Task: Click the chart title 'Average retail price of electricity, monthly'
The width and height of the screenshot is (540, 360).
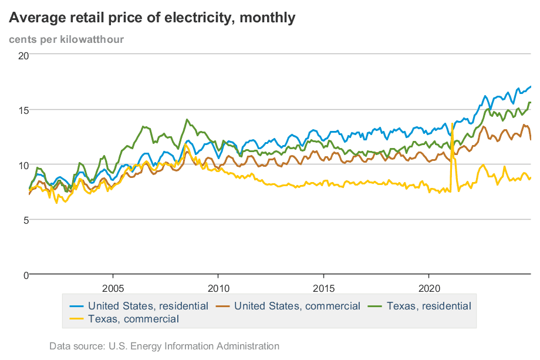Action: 152,18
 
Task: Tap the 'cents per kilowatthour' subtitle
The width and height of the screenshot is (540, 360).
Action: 66,39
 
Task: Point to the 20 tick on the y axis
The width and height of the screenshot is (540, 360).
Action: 23,55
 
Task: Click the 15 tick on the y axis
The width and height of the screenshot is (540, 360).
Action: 23,110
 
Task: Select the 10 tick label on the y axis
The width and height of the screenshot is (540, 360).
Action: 23,165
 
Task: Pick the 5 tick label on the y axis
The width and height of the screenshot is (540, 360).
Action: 26,220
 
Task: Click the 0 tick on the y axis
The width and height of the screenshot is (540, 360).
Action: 26,275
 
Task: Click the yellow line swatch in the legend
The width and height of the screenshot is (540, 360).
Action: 76,319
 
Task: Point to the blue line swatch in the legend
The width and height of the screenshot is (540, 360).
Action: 76,306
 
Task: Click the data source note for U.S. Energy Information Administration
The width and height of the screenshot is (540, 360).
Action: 164,346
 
